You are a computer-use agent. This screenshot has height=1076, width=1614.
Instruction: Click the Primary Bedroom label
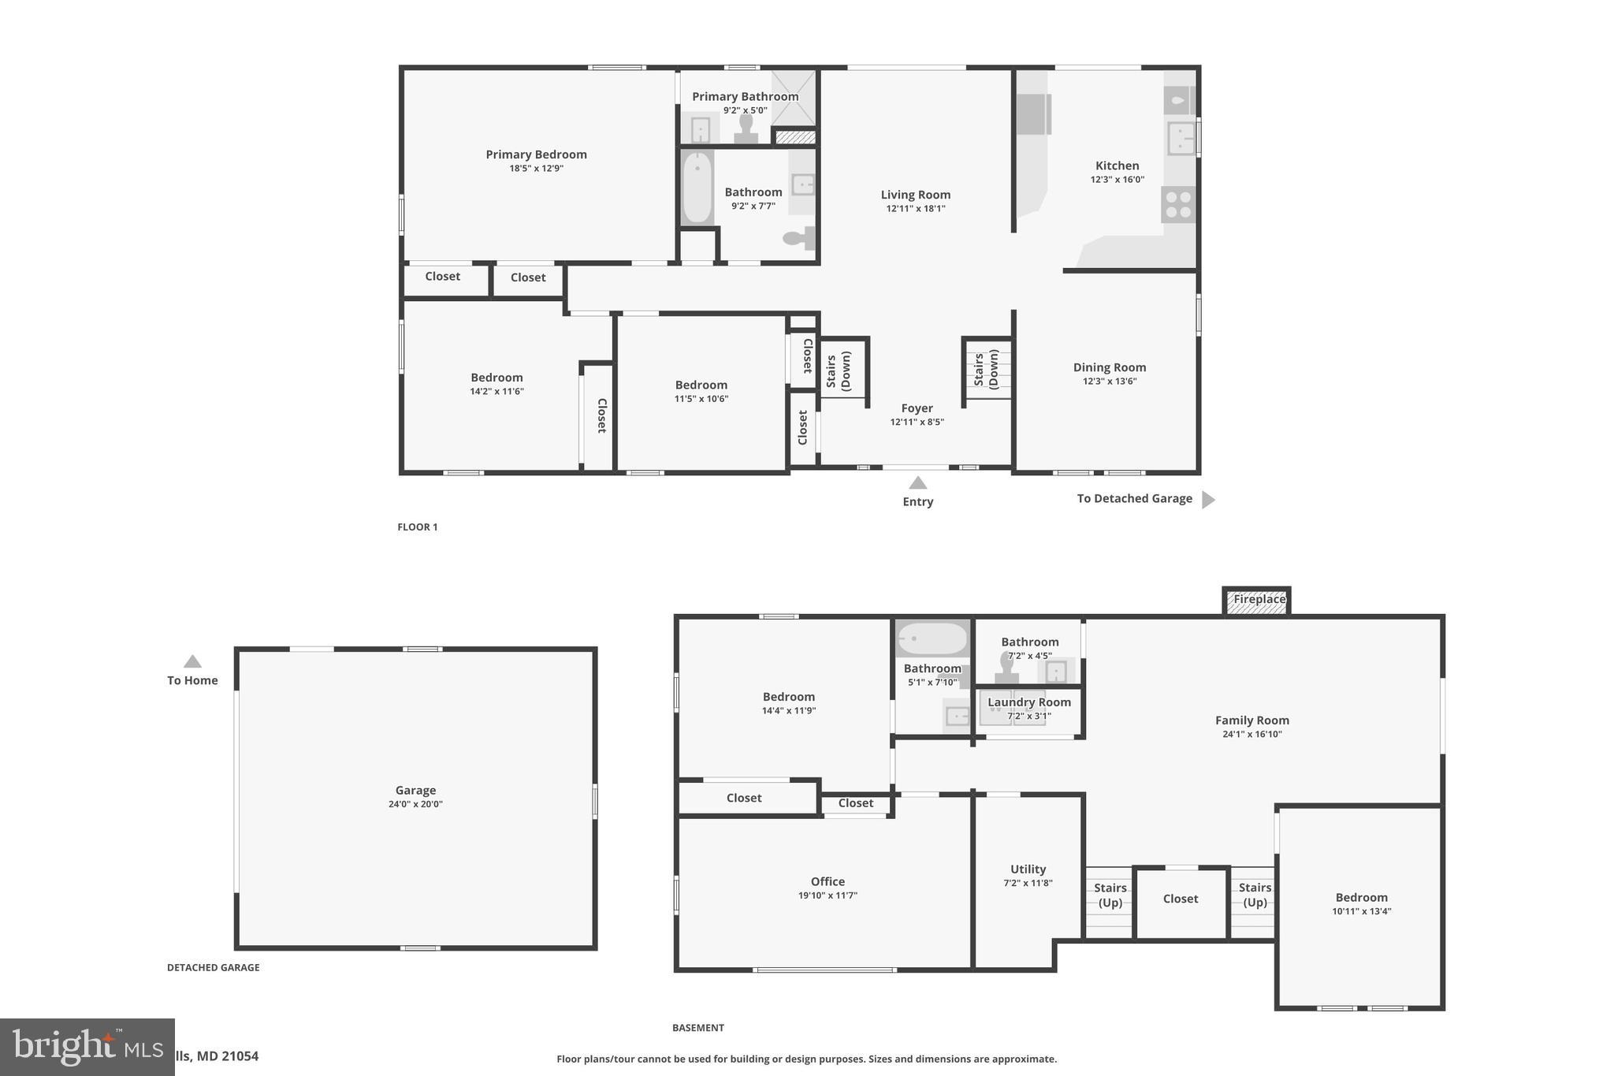coord(536,155)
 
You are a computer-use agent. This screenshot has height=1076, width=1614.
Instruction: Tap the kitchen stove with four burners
coord(1178,204)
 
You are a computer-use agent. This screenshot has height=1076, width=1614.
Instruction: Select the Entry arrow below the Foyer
coord(917,482)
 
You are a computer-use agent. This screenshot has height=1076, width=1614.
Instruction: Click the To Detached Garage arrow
coord(1207,499)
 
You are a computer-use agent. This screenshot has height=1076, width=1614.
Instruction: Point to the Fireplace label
coord(1259,599)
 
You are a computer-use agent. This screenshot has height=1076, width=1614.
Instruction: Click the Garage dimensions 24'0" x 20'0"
coord(415,804)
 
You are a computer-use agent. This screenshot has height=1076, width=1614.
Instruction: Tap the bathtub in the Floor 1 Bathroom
coord(697,188)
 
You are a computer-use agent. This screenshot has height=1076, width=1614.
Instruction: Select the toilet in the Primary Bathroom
coord(746,128)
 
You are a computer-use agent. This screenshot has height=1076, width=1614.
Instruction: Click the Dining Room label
coord(1109,367)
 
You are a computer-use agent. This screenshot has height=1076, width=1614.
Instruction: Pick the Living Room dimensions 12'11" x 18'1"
coord(915,209)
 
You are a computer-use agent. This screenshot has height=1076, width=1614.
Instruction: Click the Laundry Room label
coord(1028,702)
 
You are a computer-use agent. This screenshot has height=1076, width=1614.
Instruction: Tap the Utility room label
coord(1028,869)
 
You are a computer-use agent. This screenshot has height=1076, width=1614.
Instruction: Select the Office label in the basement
coord(827,881)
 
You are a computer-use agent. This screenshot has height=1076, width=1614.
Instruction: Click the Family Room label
coord(1251,720)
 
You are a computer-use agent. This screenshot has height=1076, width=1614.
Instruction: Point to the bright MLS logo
coord(87,1047)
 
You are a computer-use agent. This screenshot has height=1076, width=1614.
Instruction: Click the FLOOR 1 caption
coord(417,527)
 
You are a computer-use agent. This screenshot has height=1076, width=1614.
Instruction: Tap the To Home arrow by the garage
coord(192,662)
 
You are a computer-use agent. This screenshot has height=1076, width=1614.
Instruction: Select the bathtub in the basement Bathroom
coord(932,639)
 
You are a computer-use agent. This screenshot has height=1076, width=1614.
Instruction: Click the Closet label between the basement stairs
coord(1180,899)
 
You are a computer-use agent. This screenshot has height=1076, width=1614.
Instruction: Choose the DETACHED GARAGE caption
coord(213,967)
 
